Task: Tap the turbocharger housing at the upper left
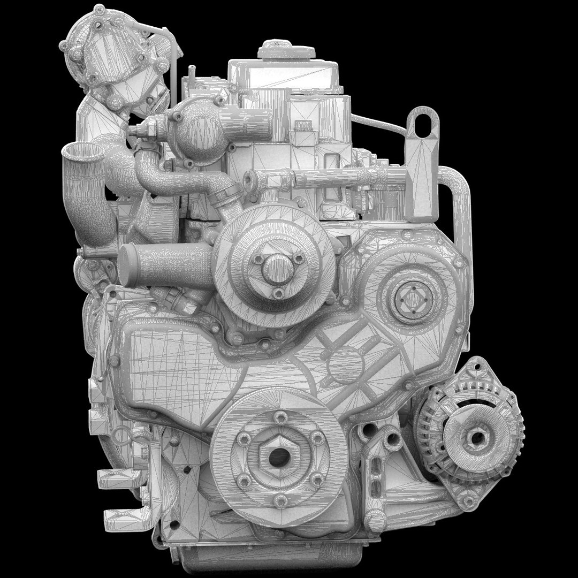point(110,54)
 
